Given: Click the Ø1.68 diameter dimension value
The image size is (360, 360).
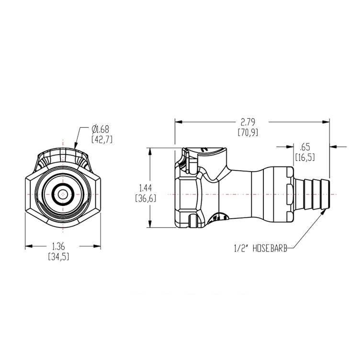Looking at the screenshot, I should click(x=101, y=129).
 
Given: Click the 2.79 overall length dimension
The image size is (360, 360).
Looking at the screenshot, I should click(x=247, y=122).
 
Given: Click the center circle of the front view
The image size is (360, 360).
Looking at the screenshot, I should click(x=63, y=194).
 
